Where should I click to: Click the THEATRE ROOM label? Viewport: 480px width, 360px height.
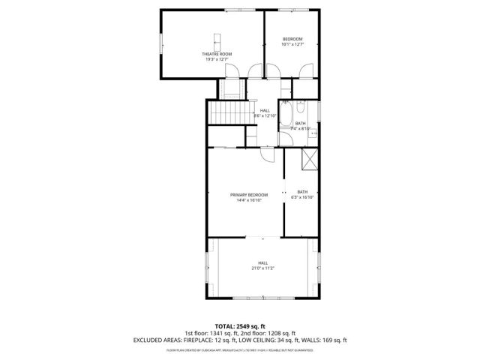click(216, 54)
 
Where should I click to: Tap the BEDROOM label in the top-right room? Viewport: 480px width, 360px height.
click(292, 39)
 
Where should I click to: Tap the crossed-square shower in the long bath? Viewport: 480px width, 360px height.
click(307, 160)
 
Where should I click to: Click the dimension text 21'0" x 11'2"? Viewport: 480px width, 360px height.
click(263, 268)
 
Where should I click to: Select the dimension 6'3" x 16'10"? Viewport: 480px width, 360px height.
click(302, 197)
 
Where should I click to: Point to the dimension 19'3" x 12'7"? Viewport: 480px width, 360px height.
click(216, 59)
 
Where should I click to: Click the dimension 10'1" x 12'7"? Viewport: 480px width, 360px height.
click(292, 44)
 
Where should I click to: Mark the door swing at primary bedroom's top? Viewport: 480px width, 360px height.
click(268, 154)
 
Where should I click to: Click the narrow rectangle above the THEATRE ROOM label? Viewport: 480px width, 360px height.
click(217, 40)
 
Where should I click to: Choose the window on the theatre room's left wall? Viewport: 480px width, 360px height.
click(160, 43)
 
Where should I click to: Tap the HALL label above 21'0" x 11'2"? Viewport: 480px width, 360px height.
click(263, 262)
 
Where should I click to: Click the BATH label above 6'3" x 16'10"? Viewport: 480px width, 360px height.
click(302, 192)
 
